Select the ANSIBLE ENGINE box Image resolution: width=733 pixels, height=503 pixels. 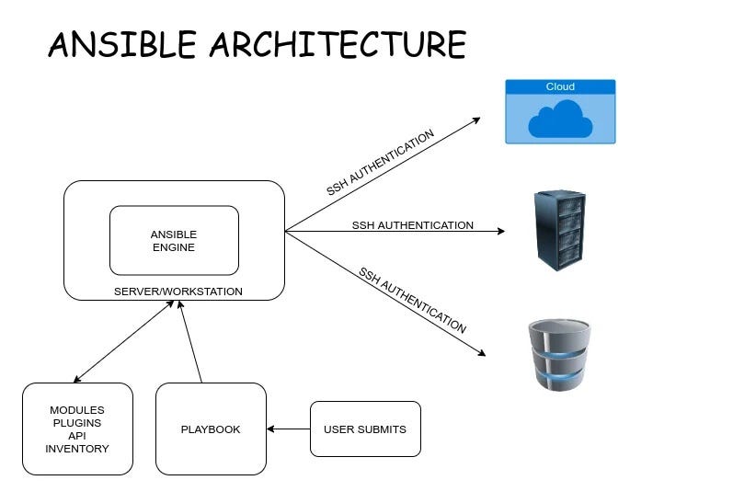click(x=174, y=240)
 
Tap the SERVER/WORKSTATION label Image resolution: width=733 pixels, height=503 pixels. click(x=178, y=292)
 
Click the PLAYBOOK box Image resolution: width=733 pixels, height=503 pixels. click(x=211, y=429)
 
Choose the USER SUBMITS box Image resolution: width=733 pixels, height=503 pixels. click(x=365, y=429)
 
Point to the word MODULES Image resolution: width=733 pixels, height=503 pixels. click(x=77, y=410)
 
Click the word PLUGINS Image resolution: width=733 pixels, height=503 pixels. click(x=77, y=423)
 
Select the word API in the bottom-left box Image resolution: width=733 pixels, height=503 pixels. click(x=77, y=436)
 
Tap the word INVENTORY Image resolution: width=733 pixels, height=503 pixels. click(x=77, y=449)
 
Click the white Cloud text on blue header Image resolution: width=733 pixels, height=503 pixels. click(x=560, y=87)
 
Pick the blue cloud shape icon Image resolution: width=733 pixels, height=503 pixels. click(x=560, y=120)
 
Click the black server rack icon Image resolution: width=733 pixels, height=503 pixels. click(x=559, y=230)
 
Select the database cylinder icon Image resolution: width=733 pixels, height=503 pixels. click(x=559, y=355)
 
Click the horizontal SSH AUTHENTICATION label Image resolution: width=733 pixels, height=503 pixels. click(x=412, y=225)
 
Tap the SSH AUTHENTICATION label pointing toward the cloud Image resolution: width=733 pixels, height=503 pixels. click(x=380, y=163)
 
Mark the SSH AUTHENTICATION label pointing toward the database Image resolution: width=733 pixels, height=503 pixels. click(x=412, y=300)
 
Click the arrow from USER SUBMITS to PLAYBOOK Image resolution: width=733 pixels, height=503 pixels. click(x=288, y=429)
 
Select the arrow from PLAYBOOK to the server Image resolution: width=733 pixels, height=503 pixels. click(x=190, y=341)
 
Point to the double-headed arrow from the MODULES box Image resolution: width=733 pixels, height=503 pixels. click(x=124, y=341)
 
